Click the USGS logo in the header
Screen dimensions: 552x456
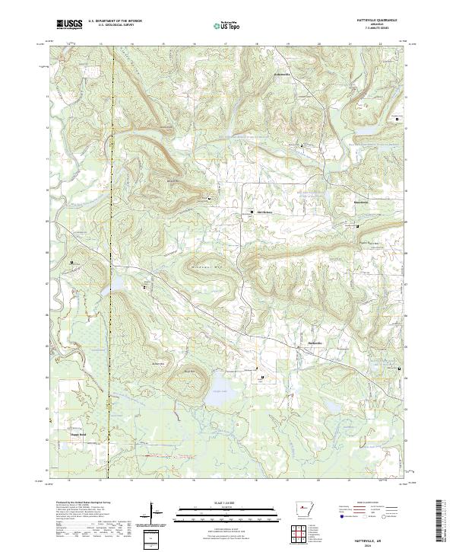[68, 24]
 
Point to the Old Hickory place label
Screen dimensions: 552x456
[265, 212]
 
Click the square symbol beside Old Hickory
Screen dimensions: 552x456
[253, 212]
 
